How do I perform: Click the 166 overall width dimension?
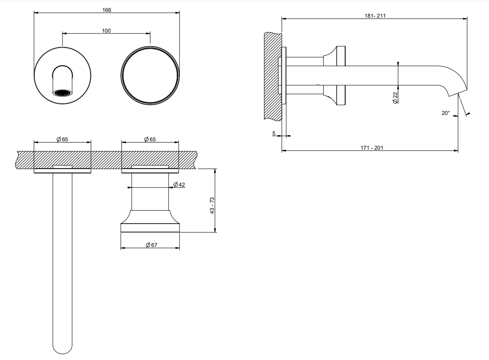click(x=107, y=10)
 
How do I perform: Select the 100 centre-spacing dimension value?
click(x=106, y=31)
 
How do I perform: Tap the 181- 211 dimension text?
click(x=375, y=15)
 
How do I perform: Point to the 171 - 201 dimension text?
click(x=372, y=148)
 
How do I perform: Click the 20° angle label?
click(x=445, y=113)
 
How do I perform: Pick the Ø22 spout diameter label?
click(x=395, y=98)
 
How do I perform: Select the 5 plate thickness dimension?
click(x=274, y=133)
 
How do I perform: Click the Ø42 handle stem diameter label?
click(x=179, y=184)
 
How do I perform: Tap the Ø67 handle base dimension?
click(x=152, y=245)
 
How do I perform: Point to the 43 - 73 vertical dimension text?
click(x=212, y=206)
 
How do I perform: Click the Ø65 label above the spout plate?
click(x=62, y=139)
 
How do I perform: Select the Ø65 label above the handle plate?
click(x=150, y=139)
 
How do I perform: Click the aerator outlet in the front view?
click(x=62, y=93)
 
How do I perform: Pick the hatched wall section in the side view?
click(x=273, y=76)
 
